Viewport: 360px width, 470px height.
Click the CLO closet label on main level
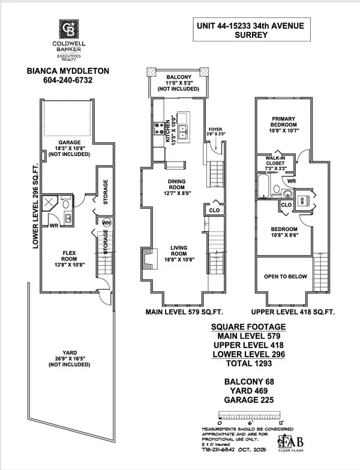click(214, 211)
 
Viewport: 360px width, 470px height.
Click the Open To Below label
click(286, 277)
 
